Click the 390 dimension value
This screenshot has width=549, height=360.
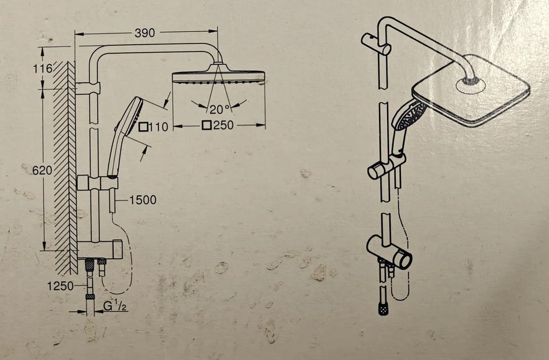point(145,33)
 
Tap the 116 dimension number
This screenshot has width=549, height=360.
point(43,69)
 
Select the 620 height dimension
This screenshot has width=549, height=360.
point(42,170)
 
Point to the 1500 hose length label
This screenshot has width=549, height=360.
point(143,200)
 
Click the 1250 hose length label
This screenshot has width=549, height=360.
point(60,286)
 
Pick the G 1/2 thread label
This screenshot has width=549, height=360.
point(115,306)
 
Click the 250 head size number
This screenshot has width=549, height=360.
point(223,125)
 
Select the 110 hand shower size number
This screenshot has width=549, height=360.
point(158,127)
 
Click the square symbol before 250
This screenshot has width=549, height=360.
point(206,125)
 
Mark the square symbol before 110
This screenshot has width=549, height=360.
point(143,127)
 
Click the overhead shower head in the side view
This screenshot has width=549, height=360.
point(218,74)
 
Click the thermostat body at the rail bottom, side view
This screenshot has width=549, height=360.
point(100,249)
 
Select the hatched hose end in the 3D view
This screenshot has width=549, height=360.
point(384,309)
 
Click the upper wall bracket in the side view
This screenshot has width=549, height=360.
point(87,88)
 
